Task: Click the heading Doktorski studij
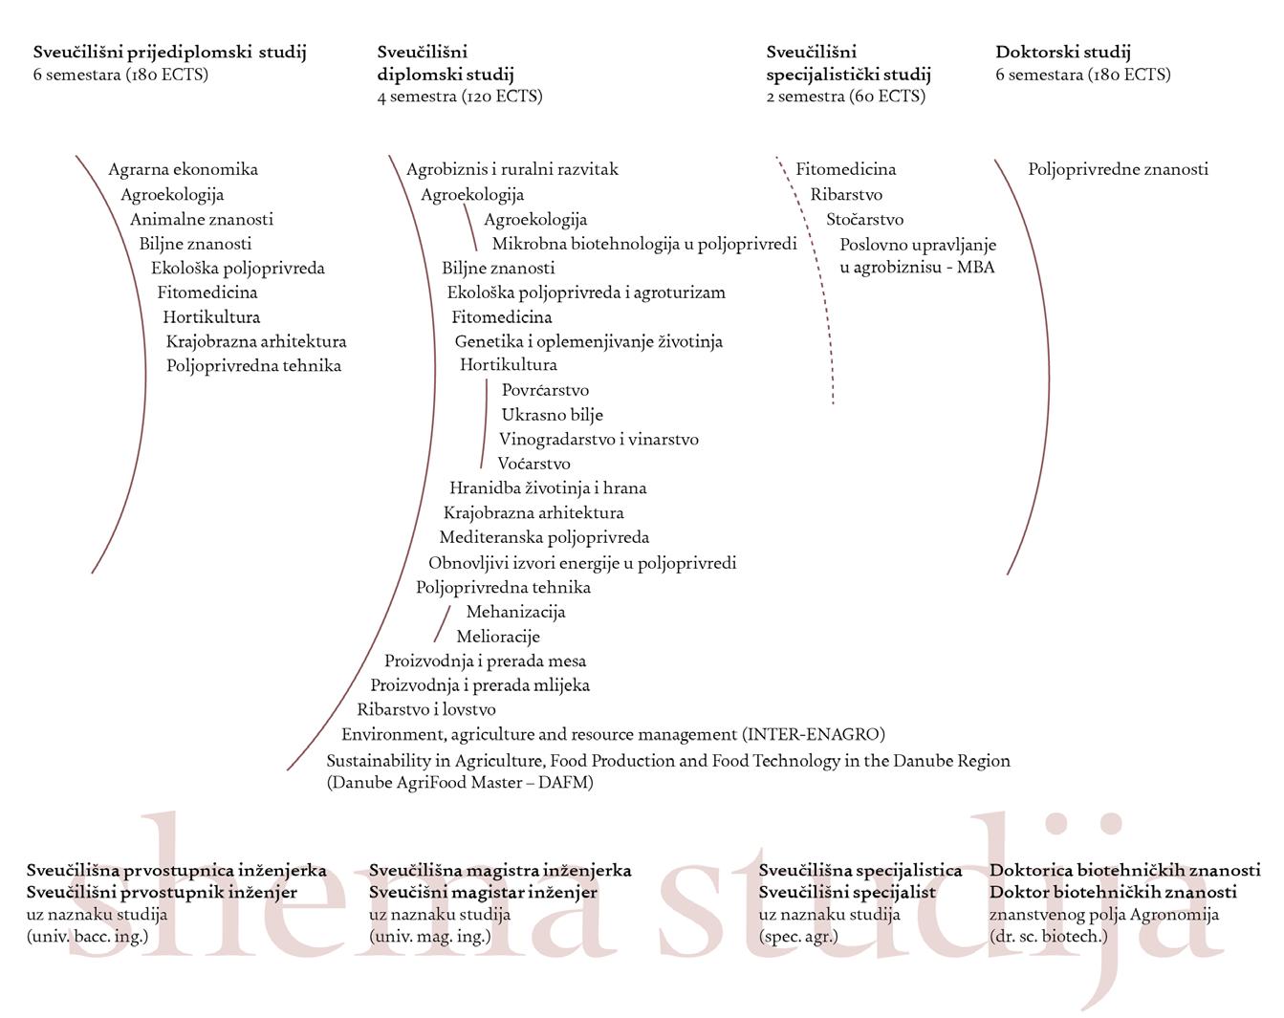(1062, 53)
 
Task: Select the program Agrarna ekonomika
(183, 169)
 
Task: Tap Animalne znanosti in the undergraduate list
(202, 219)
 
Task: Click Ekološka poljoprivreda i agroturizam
(586, 292)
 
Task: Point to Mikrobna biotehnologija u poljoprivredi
(644, 244)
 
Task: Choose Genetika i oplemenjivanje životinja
(588, 341)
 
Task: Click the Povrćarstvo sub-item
(545, 390)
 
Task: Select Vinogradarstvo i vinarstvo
(598, 440)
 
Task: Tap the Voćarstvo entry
(533, 464)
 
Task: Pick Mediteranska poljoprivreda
(544, 537)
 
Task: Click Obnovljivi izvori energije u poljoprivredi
(582, 563)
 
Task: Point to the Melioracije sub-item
(498, 637)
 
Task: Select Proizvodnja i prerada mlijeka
(480, 685)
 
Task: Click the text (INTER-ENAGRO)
(814, 734)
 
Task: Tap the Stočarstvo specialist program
(864, 219)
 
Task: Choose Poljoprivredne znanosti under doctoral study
(1118, 169)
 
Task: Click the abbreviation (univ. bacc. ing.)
(87, 936)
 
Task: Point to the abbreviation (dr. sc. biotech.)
(1048, 936)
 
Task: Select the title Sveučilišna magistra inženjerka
(500, 871)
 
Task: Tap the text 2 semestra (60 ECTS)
(845, 96)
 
